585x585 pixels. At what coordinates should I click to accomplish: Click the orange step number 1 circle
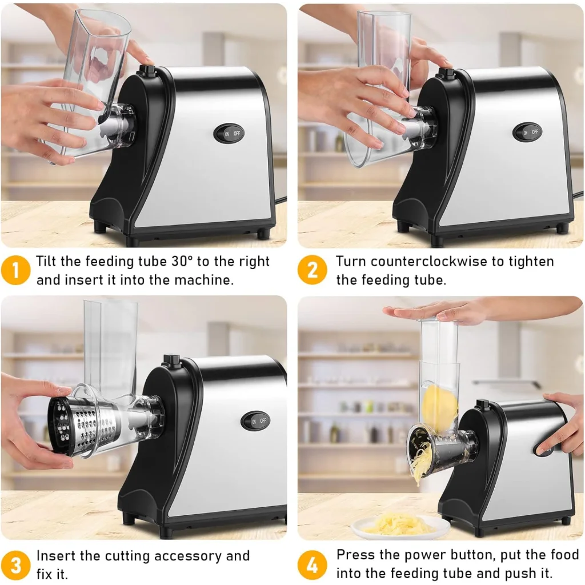tap(16, 270)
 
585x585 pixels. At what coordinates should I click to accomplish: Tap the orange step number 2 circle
tap(312, 270)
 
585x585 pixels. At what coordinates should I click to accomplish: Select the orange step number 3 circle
tap(16, 564)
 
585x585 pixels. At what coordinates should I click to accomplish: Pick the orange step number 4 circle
tap(312, 564)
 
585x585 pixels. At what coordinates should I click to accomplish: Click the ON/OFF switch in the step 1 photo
tap(229, 133)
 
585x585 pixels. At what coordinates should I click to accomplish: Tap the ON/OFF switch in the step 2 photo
tap(527, 132)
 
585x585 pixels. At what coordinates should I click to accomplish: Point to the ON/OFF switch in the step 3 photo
tap(255, 420)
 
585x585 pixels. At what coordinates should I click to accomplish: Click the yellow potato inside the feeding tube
tap(439, 408)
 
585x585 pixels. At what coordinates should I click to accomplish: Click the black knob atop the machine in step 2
tap(446, 73)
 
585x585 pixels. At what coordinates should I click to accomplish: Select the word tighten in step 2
tap(527, 262)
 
